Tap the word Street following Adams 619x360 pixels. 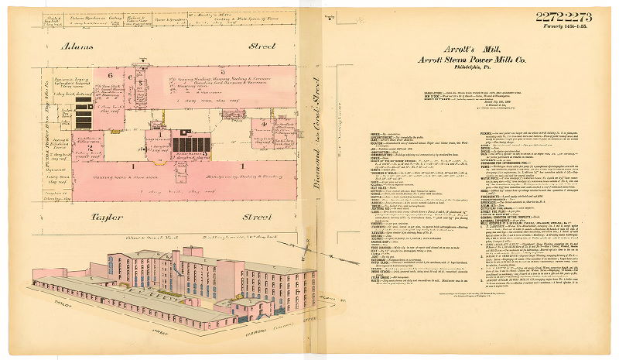pos(261,46)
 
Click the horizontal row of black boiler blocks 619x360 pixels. pos(190,144)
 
